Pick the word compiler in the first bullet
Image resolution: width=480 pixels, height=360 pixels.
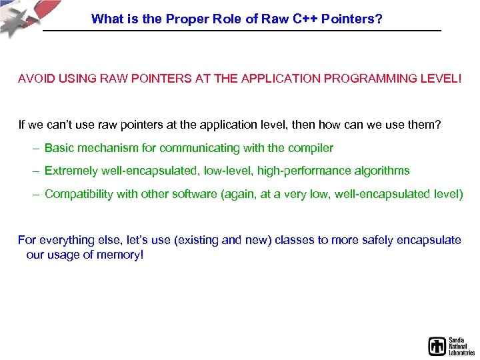(311, 148)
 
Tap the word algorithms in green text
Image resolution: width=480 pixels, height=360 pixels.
(381, 171)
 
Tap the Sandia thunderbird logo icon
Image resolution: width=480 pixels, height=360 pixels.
(437, 346)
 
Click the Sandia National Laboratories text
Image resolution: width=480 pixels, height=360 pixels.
(461, 346)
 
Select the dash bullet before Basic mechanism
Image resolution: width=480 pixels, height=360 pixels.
(35, 148)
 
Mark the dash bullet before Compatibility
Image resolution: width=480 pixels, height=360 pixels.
(35, 194)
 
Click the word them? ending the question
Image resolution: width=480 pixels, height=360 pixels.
(426, 125)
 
